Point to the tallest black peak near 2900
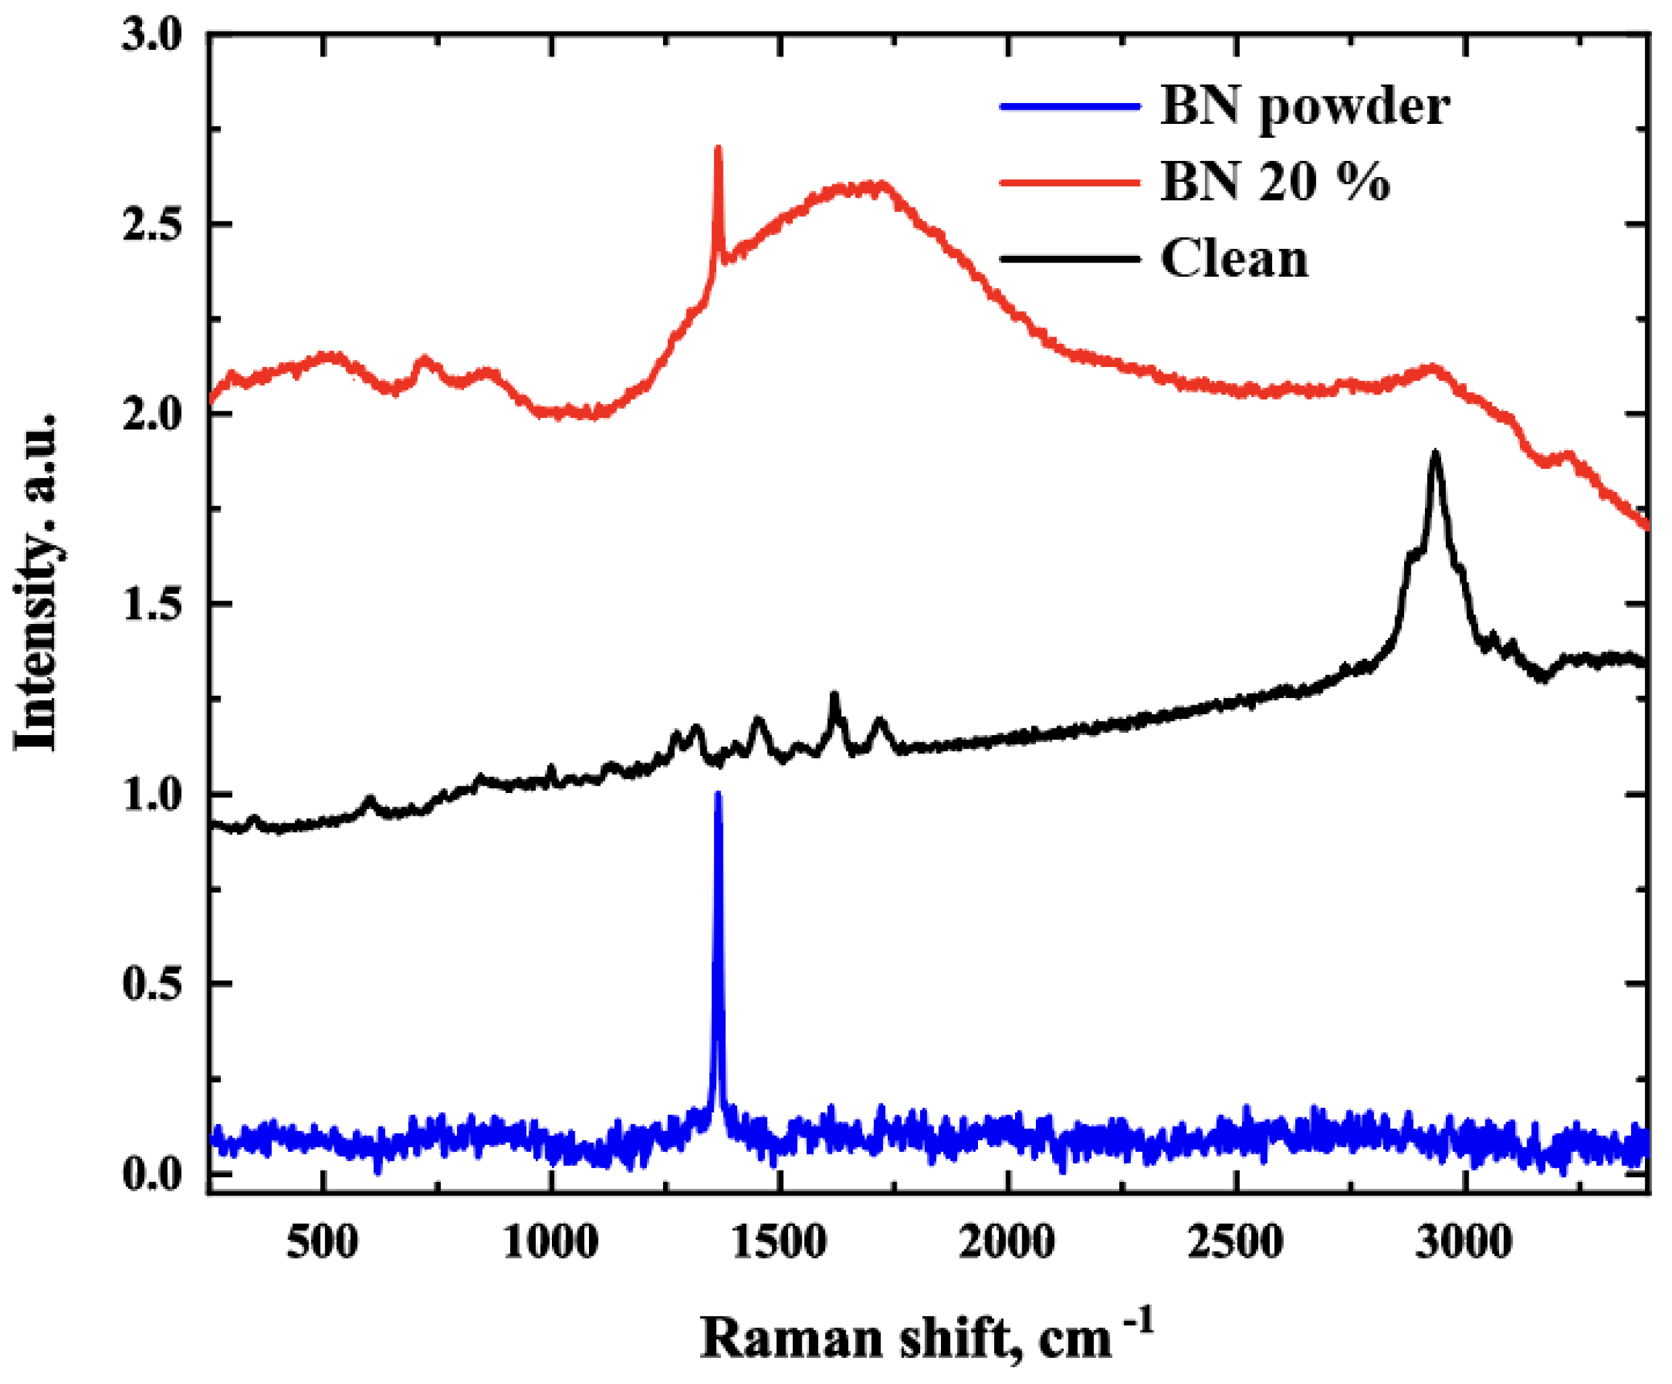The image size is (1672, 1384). click(x=1436, y=454)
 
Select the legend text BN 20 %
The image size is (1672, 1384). click(x=1275, y=182)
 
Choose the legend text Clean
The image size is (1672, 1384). click(x=1234, y=258)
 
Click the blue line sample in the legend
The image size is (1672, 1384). click(x=1070, y=106)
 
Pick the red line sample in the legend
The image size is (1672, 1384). click(x=1070, y=182)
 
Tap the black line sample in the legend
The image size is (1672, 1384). click(x=1070, y=258)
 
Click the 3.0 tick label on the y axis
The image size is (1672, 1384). click(x=152, y=35)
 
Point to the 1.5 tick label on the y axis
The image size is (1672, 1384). click(x=152, y=604)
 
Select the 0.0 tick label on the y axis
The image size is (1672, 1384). click(x=152, y=1175)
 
